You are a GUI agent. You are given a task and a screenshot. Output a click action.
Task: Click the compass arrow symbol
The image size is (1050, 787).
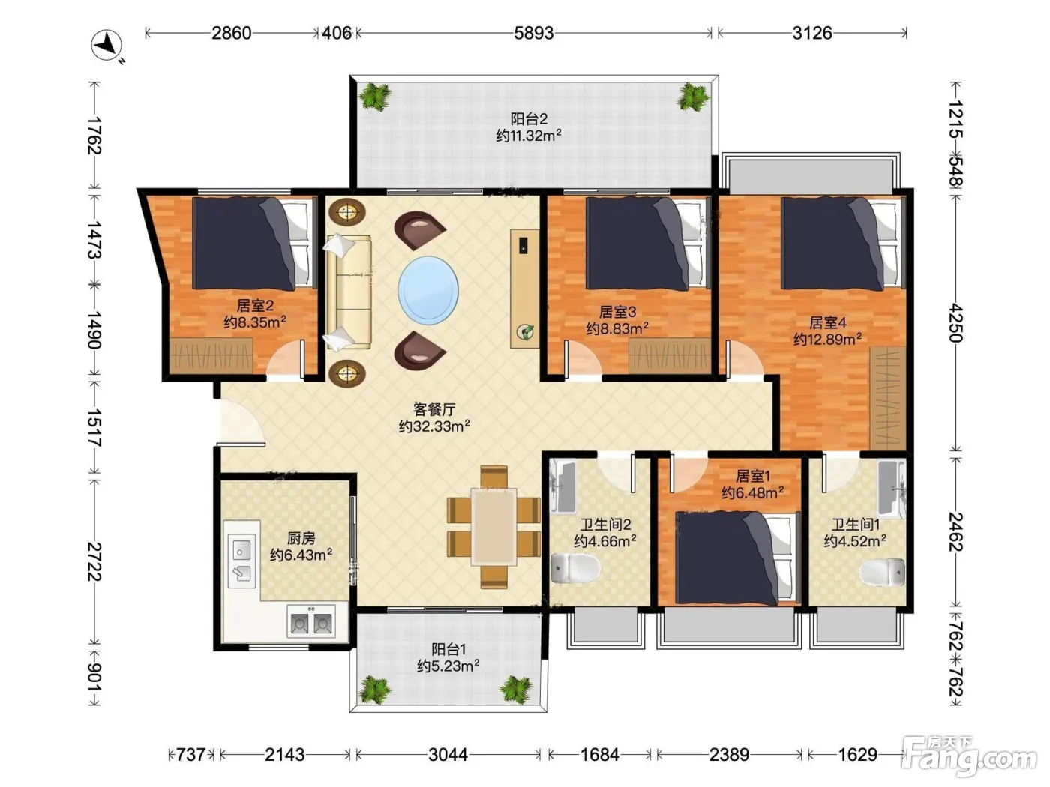click(106, 46)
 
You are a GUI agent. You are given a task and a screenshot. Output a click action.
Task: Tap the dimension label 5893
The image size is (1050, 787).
click(533, 33)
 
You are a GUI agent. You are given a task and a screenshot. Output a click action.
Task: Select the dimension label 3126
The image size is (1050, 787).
click(812, 33)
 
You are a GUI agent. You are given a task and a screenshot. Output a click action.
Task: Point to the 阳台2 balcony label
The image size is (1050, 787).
click(529, 118)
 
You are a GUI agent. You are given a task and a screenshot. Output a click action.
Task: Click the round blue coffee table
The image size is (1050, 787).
click(428, 290)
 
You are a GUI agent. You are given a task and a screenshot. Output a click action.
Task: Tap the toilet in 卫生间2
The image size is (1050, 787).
click(575, 569)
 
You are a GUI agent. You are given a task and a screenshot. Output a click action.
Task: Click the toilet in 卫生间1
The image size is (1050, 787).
click(883, 572)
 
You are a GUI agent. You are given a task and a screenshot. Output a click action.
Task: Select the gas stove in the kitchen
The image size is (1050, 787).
click(311, 621)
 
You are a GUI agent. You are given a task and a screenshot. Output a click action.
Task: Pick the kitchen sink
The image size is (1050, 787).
click(241, 561)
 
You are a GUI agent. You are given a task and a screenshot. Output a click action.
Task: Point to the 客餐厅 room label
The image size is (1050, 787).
click(433, 409)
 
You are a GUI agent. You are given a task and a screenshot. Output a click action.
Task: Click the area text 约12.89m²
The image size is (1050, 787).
click(827, 340)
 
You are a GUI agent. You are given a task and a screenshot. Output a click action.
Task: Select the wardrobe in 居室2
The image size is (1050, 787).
click(211, 355)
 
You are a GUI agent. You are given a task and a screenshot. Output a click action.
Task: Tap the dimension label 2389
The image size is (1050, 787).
click(729, 755)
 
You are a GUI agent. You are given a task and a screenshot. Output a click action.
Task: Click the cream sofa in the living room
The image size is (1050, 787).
click(349, 291)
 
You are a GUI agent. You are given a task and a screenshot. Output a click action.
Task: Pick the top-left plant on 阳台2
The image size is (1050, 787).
click(376, 97)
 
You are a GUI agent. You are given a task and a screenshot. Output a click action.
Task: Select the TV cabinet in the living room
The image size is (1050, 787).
click(525, 288)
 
